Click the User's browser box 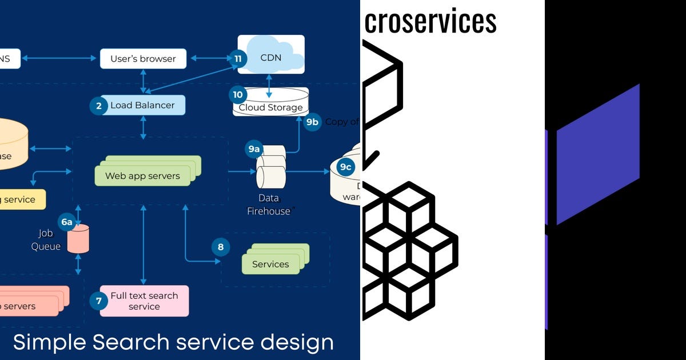(143, 58)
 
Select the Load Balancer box (143, 105)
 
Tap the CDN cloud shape (271, 56)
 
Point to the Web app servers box (143, 175)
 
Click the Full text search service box (144, 301)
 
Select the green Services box (270, 264)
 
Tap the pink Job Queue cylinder (78, 239)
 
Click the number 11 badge (238, 58)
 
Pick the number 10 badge (238, 94)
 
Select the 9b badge (312, 122)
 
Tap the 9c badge (345, 167)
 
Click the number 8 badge (221, 247)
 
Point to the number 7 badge (98, 301)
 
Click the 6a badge (67, 222)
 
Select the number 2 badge (98, 106)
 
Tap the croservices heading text (430, 22)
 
